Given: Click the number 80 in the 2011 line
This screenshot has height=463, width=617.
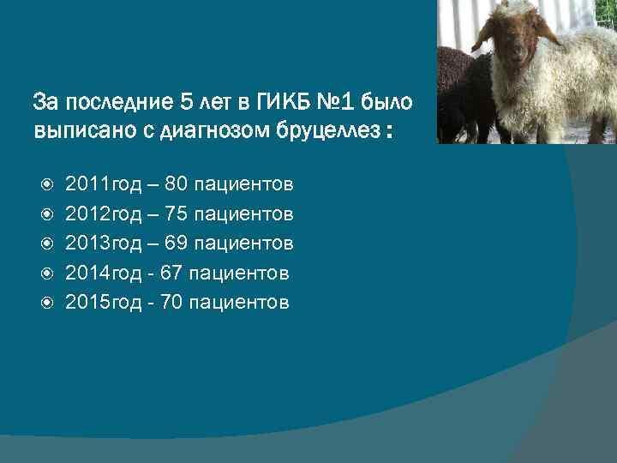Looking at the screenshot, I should [x=174, y=183].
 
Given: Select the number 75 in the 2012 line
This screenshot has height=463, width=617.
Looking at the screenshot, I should [x=174, y=213].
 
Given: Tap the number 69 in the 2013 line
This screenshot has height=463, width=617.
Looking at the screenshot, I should [x=174, y=243].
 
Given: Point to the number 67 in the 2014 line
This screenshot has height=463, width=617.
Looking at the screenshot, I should [x=168, y=273].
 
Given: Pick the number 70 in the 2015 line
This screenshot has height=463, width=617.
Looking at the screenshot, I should [x=168, y=302].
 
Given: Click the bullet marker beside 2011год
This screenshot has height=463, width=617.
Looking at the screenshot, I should [x=48, y=184].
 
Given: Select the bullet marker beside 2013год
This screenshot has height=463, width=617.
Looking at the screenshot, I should [x=48, y=244].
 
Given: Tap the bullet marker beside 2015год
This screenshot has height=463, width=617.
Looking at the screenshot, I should [x=48, y=303].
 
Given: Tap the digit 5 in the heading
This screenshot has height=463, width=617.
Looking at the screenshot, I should [x=187, y=103].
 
